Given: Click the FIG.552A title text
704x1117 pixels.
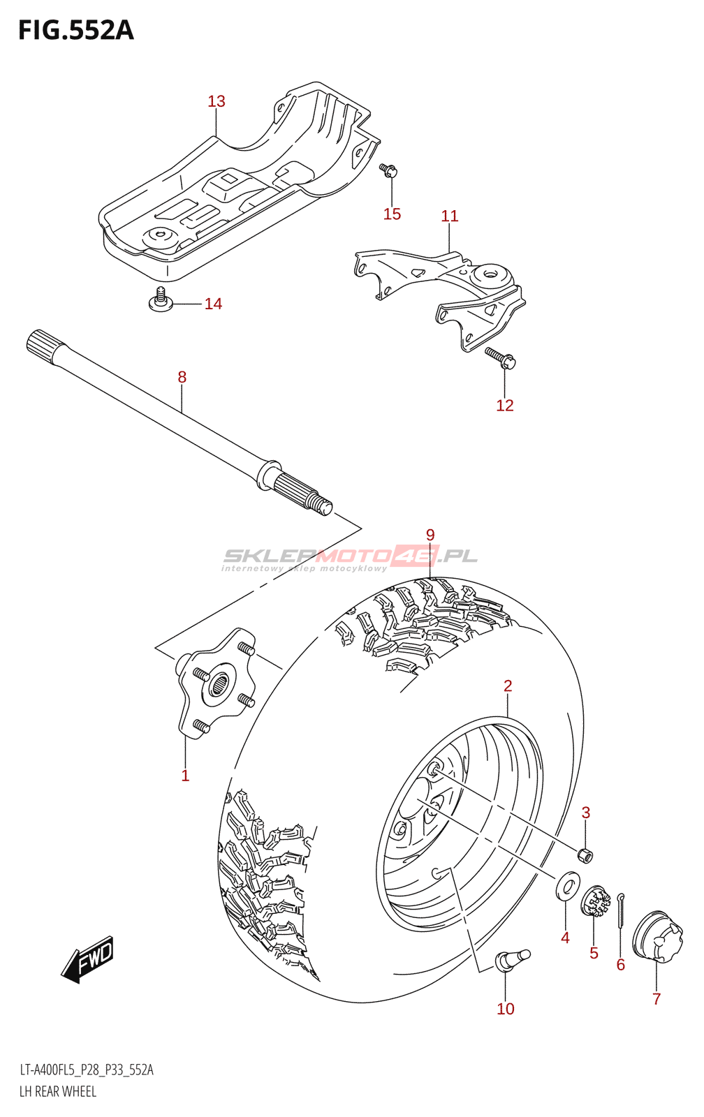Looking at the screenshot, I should pyautogui.click(x=75, y=30).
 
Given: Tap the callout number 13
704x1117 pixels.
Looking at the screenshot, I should pyautogui.click(x=217, y=101).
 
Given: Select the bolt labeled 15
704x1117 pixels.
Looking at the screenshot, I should pyautogui.click(x=389, y=170).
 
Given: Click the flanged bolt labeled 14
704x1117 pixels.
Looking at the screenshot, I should pyautogui.click(x=161, y=300).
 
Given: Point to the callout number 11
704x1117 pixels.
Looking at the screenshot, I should pyautogui.click(x=450, y=216).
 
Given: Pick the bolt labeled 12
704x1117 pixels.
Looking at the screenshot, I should pyautogui.click(x=501, y=357).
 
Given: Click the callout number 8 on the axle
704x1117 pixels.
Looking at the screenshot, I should pyautogui.click(x=182, y=377).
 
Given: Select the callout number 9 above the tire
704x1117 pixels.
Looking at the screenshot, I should pyautogui.click(x=430, y=535).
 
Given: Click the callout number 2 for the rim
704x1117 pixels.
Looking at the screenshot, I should pyautogui.click(x=508, y=686).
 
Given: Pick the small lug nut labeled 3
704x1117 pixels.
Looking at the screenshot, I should pyautogui.click(x=585, y=854).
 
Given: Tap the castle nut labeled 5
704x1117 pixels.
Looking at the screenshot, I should pyautogui.click(x=596, y=902).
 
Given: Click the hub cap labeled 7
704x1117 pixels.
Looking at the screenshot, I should pyautogui.click(x=657, y=935).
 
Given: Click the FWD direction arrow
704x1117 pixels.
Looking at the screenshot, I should pyautogui.click(x=88, y=959).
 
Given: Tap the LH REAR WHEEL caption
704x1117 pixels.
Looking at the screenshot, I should pyautogui.click(x=58, y=1091).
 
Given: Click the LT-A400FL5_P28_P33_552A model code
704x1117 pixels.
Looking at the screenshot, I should pyautogui.click(x=87, y=1070).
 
